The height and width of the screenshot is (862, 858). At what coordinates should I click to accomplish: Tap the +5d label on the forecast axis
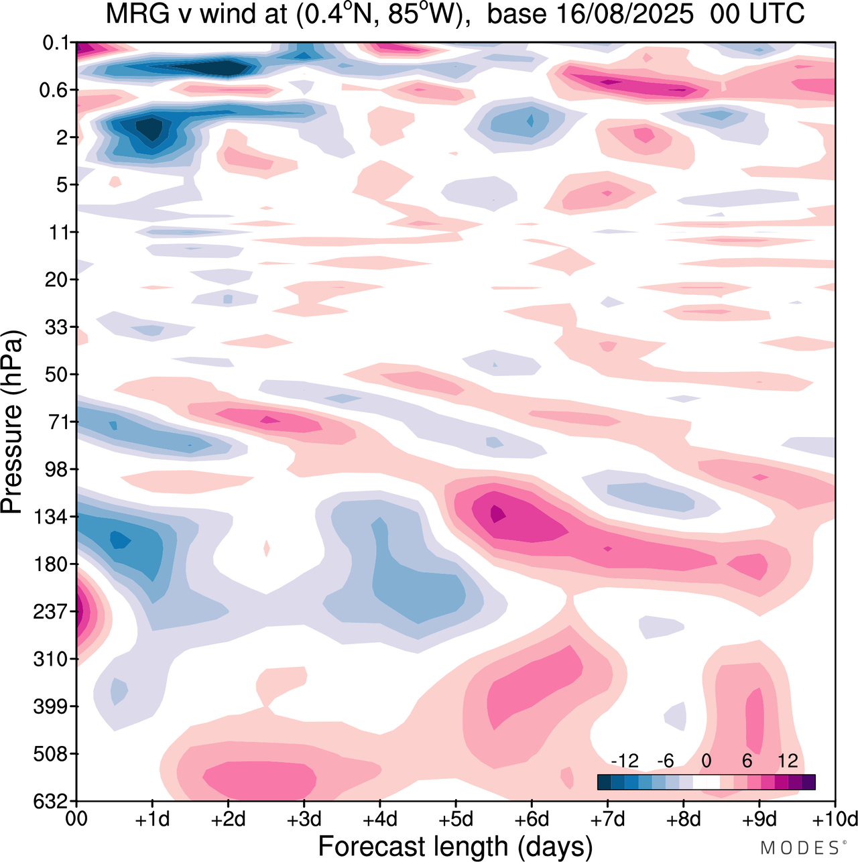coord(456,819)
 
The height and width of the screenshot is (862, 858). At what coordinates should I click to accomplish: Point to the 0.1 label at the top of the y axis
coord(56,43)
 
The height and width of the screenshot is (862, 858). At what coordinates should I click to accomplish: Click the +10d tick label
coord(835,819)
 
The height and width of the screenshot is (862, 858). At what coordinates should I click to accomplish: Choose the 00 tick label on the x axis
coord(76,819)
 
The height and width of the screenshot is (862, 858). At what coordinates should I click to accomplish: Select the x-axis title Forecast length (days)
coord(455,846)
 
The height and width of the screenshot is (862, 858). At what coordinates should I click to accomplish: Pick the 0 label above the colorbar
coord(706,761)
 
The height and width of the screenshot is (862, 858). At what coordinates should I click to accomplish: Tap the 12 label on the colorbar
coord(788,761)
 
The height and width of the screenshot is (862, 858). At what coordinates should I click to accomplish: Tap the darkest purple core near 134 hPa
coord(497,513)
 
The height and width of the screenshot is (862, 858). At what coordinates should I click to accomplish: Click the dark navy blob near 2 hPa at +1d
coord(151,127)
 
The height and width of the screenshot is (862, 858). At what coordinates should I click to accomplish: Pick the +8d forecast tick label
coord(683,819)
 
